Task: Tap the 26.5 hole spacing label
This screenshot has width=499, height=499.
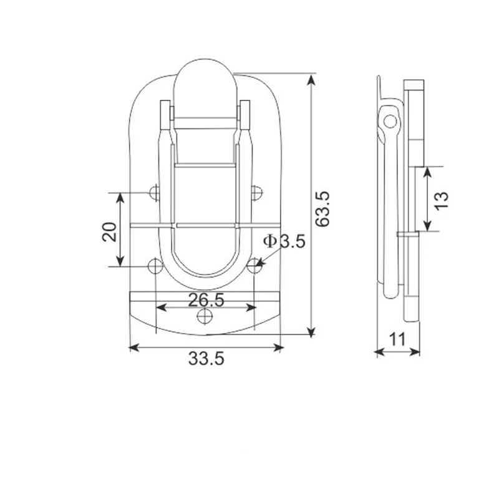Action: point(206,299)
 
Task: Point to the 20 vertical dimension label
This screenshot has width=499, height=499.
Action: point(109,231)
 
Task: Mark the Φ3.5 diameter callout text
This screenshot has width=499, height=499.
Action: point(284,241)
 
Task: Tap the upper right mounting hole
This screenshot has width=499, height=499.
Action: point(256,193)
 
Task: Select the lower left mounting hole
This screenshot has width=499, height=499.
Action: point(155,266)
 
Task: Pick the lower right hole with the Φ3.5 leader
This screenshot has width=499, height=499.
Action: point(254,266)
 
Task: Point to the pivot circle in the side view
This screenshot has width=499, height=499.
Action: point(390,120)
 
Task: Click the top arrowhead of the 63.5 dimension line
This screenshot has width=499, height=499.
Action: point(310,77)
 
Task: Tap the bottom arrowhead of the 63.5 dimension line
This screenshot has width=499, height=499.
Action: point(310,331)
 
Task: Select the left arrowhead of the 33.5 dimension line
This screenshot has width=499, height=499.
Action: point(132,346)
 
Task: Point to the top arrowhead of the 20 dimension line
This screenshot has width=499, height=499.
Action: point(120,196)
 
